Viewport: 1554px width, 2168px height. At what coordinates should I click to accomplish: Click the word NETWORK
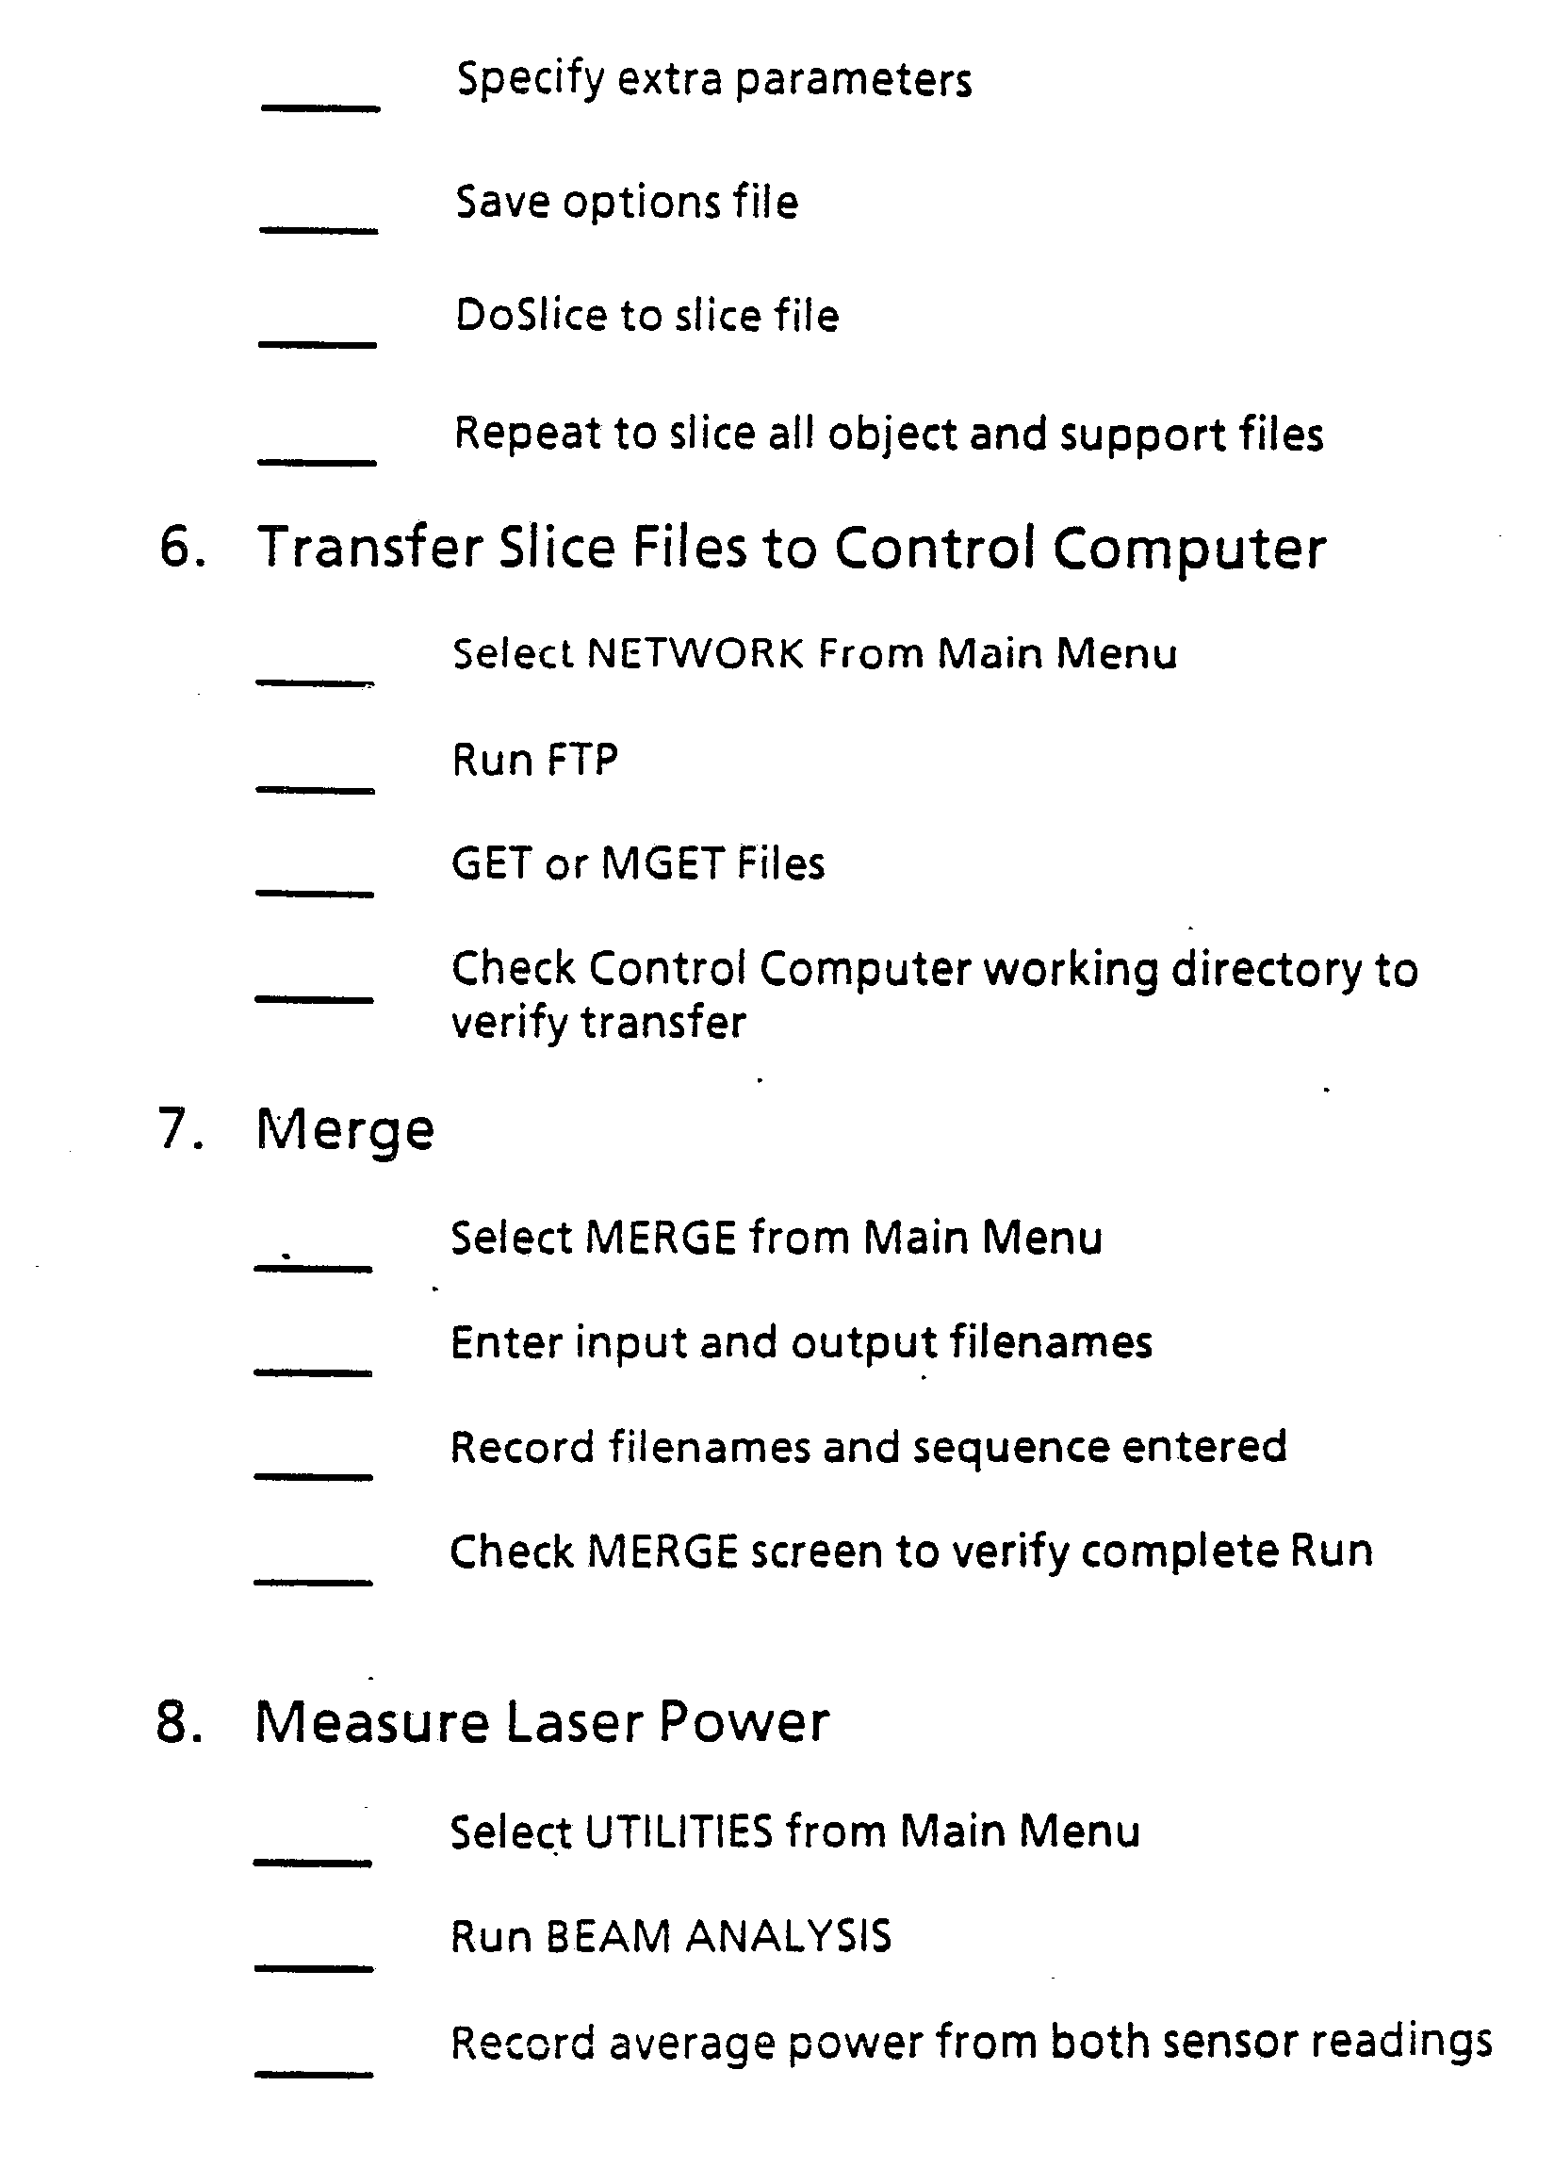pos(695,654)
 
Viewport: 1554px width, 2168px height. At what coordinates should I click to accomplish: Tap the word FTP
pos(582,760)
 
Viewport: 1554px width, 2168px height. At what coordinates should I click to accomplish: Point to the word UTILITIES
pos(678,1832)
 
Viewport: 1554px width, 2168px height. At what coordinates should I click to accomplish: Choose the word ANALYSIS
pos(789,1938)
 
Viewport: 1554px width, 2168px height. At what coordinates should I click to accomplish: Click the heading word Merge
pos(345,1131)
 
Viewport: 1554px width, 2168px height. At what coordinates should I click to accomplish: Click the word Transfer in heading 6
pos(368,548)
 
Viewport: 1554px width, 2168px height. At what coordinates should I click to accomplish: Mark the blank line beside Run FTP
pos(315,790)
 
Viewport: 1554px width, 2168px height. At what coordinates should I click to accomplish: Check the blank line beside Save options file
pos(319,229)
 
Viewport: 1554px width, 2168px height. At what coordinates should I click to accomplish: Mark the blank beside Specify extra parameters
pos(320,108)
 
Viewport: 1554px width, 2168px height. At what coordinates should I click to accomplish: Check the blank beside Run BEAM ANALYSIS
pos(313,1968)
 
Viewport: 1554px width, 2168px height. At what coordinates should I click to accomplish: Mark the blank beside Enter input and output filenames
pos(313,1372)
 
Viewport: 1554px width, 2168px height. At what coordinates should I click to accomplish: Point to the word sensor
pos(1239,2042)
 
